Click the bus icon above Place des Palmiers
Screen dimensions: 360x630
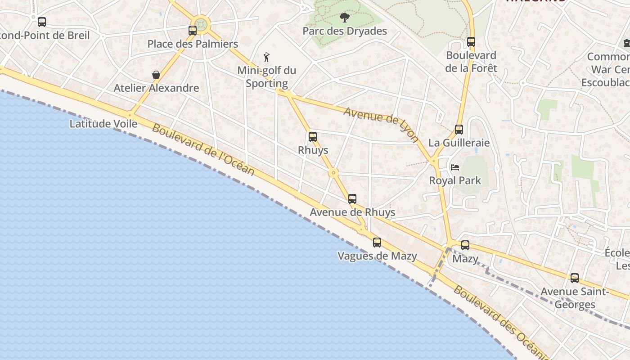[x=193, y=31]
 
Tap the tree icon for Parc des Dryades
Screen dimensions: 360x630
[x=345, y=18]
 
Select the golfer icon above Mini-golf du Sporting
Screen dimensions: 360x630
[x=267, y=57]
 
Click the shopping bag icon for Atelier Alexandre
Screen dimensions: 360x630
[x=156, y=75]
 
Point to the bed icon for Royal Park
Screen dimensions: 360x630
[x=455, y=167]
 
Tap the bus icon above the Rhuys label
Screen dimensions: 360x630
[x=313, y=137]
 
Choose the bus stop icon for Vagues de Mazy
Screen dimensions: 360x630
[x=377, y=243]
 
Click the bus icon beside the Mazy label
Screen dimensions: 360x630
[x=465, y=245]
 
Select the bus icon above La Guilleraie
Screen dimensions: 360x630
[x=459, y=130]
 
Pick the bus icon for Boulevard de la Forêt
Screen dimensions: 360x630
[x=471, y=42]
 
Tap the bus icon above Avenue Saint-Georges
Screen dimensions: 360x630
[x=575, y=278]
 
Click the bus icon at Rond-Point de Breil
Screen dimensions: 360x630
[x=42, y=22]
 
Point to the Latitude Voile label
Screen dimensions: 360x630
[x=103, y=124]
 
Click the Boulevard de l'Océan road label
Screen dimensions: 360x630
[x=203, y=150]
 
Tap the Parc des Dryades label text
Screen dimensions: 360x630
[x=345, y=31]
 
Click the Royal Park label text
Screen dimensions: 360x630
[x=455, y=180]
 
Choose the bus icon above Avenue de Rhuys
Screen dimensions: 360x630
[x=352, y=199]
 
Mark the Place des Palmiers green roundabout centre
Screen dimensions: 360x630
[x=201, y=25]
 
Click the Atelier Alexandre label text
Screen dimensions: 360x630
[x=156, y=88]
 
